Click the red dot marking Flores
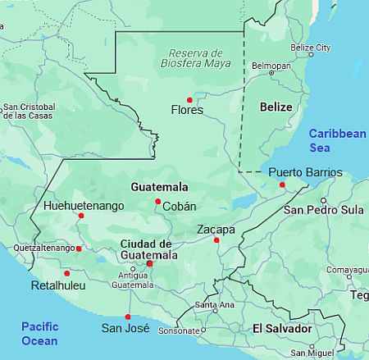point(190,100)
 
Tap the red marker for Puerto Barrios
point(282,185)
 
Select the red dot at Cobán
point(158,201)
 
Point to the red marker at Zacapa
point(216,240)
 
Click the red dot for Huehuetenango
point(80,216)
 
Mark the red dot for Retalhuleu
point(66,273)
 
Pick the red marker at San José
point(127,317)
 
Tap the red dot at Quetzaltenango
point(79,248)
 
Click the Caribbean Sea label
point(337,140)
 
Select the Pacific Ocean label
point(40,333)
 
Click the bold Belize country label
point(276,107)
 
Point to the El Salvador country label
point(281,328)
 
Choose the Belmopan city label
point(271,65)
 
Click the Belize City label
point(311,48)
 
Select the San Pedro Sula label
point(323,210)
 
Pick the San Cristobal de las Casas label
point(30,112)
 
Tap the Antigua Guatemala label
point(132,280)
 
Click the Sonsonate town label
point(179,331)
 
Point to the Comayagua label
point(348,269)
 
